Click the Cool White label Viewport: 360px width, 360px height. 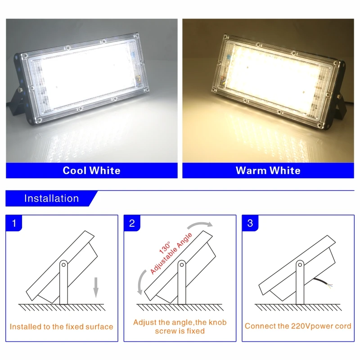click(91, 171)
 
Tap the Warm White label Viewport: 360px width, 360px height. click(268, 171)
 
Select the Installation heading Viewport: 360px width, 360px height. click(51, 198)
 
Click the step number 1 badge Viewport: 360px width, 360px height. click(14, 223)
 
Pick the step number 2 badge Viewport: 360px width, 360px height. click(132, 223)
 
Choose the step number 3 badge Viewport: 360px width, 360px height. click(250, 223)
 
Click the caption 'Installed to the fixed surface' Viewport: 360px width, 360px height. click(62, 327)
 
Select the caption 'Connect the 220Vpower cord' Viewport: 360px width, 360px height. click(298, 326)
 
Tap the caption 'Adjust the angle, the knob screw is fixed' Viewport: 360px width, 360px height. click(180, 327)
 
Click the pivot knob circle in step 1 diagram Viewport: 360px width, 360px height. click(63, 264)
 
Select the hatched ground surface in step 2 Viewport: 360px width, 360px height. click(180, 307)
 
